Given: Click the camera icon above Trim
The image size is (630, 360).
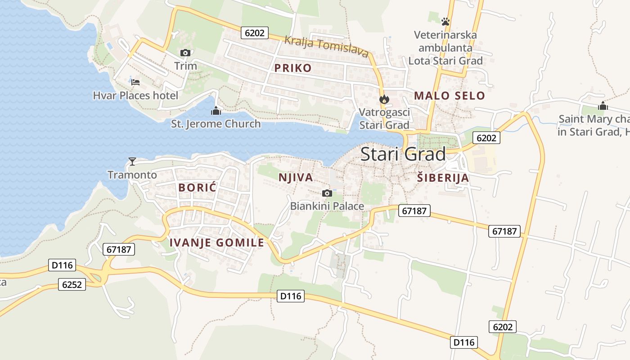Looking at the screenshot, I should (x=185, y=53).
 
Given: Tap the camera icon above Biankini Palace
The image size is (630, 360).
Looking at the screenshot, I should (x=327, y=193).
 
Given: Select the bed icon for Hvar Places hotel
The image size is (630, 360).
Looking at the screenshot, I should (x=135, y=82).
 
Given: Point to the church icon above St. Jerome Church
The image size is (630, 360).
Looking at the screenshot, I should (x=216, y=111).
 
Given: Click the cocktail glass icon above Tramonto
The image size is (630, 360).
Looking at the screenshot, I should (x=132, y=161).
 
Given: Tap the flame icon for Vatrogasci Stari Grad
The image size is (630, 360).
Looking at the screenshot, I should (x=384, y=99).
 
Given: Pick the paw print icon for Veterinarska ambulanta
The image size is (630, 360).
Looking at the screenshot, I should (x=445, y=21).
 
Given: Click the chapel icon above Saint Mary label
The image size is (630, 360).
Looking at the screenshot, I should (x=603, y=106).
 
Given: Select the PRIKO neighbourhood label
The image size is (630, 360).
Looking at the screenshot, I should (x=293, y=68).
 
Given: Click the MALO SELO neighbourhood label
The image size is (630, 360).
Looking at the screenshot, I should (x=450, y=95).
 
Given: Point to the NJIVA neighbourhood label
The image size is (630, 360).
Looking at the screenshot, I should (x=296, y=177).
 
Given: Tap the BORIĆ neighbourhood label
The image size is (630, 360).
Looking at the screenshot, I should (x=197, y=188).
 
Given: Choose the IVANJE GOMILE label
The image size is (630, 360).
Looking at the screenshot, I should (x=217, y=243).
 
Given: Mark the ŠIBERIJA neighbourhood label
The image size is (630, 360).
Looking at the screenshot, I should (x=443, y=178).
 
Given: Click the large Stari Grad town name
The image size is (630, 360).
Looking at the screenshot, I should (x=403, y=154).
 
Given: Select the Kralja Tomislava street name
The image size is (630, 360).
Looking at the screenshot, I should (x=327, y=46).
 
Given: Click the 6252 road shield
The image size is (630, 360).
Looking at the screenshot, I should (x=72, y=284).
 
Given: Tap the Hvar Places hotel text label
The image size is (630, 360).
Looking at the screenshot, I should (x=135, y=95).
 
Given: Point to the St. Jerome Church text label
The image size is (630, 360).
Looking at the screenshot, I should (x=216, y=124).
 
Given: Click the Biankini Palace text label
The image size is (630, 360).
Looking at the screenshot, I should (x=327, y=206).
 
